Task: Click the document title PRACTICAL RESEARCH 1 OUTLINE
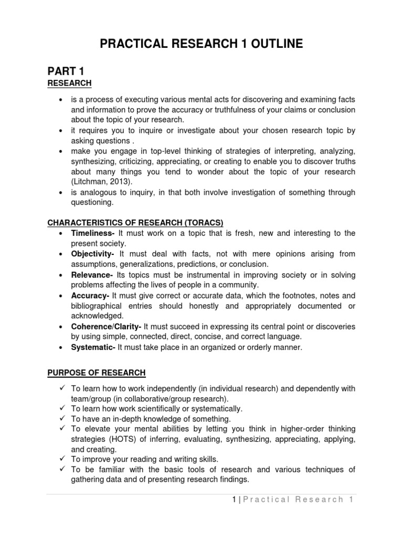coord(201,44)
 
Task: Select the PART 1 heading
coord(66,71)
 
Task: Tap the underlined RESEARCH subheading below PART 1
coord(69,83)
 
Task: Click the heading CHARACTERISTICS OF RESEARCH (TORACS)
coord(135,223)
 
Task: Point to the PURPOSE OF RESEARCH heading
coord(96,373)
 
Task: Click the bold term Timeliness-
coord(93,233)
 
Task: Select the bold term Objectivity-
coord(94,254)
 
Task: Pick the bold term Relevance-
coord(92,275)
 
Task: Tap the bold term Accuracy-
coord(90,296)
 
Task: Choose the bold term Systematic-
coord(93,347)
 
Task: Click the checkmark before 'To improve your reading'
coord(62,459)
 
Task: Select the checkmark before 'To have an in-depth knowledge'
coord(62,419)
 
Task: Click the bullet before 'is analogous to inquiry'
coord(62,193)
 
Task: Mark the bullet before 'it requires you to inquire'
coord(62,131)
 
